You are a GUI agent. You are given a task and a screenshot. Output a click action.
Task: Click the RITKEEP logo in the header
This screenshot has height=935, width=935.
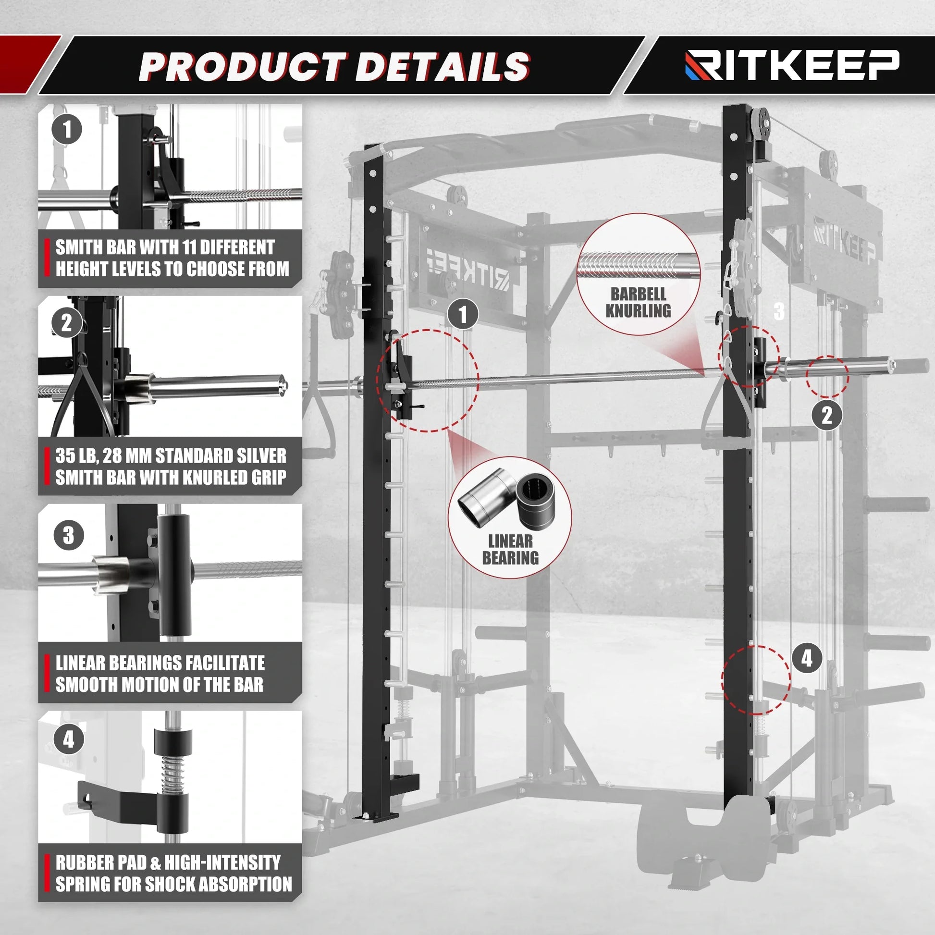tap(792, 65)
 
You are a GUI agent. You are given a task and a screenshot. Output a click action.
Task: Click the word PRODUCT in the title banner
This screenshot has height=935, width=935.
tap(242, 67)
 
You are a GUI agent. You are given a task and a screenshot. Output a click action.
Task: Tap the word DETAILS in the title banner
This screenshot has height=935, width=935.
tap(443, 67)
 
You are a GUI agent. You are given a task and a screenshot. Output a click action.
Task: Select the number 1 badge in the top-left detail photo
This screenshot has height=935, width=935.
tap(67, 129)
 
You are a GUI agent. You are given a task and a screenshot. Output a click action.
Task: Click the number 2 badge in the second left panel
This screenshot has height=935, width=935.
tap(67, 323)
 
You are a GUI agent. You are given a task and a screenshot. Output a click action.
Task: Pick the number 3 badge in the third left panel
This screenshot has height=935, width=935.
tap(69, 535)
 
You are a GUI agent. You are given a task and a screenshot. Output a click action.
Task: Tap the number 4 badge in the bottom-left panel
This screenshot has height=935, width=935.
tap(69, 739)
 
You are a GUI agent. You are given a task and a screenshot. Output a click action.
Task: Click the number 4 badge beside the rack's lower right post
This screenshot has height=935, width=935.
tap(807, 659)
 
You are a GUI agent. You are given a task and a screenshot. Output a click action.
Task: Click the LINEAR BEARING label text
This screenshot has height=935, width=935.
tap(510, 549)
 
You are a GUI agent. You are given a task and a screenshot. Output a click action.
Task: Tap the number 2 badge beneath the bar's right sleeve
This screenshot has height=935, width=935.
tap(826, 415)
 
